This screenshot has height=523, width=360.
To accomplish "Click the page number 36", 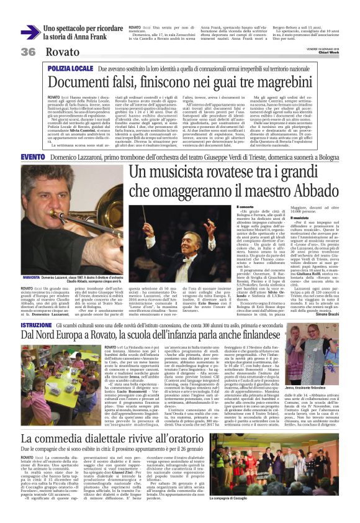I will click(x=28, y=51).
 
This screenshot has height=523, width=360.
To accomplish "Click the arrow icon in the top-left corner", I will click(x=30, y=32).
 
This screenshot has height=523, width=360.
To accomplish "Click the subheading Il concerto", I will click(x=246, y=206).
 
